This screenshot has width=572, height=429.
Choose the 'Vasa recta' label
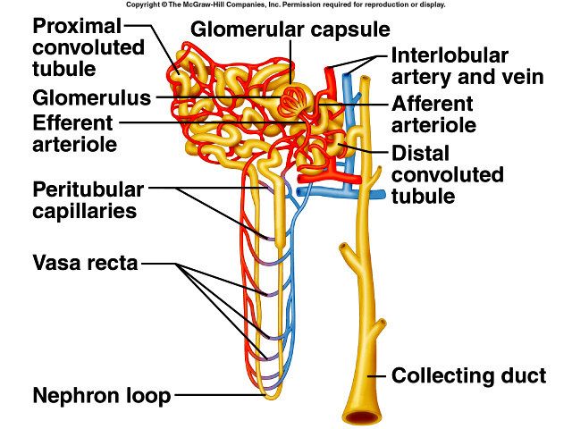coord(84,264)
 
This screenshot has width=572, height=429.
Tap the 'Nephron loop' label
coord(102,394)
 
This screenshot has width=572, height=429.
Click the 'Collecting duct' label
coord(468,375)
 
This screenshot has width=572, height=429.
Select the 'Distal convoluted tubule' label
coord(447,173)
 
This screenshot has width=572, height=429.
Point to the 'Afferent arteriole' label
coord(434,114)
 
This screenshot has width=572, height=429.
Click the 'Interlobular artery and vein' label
coord(467,65)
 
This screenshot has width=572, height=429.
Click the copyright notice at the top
coord(285,5)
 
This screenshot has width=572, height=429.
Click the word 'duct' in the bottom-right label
coord(523,375)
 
